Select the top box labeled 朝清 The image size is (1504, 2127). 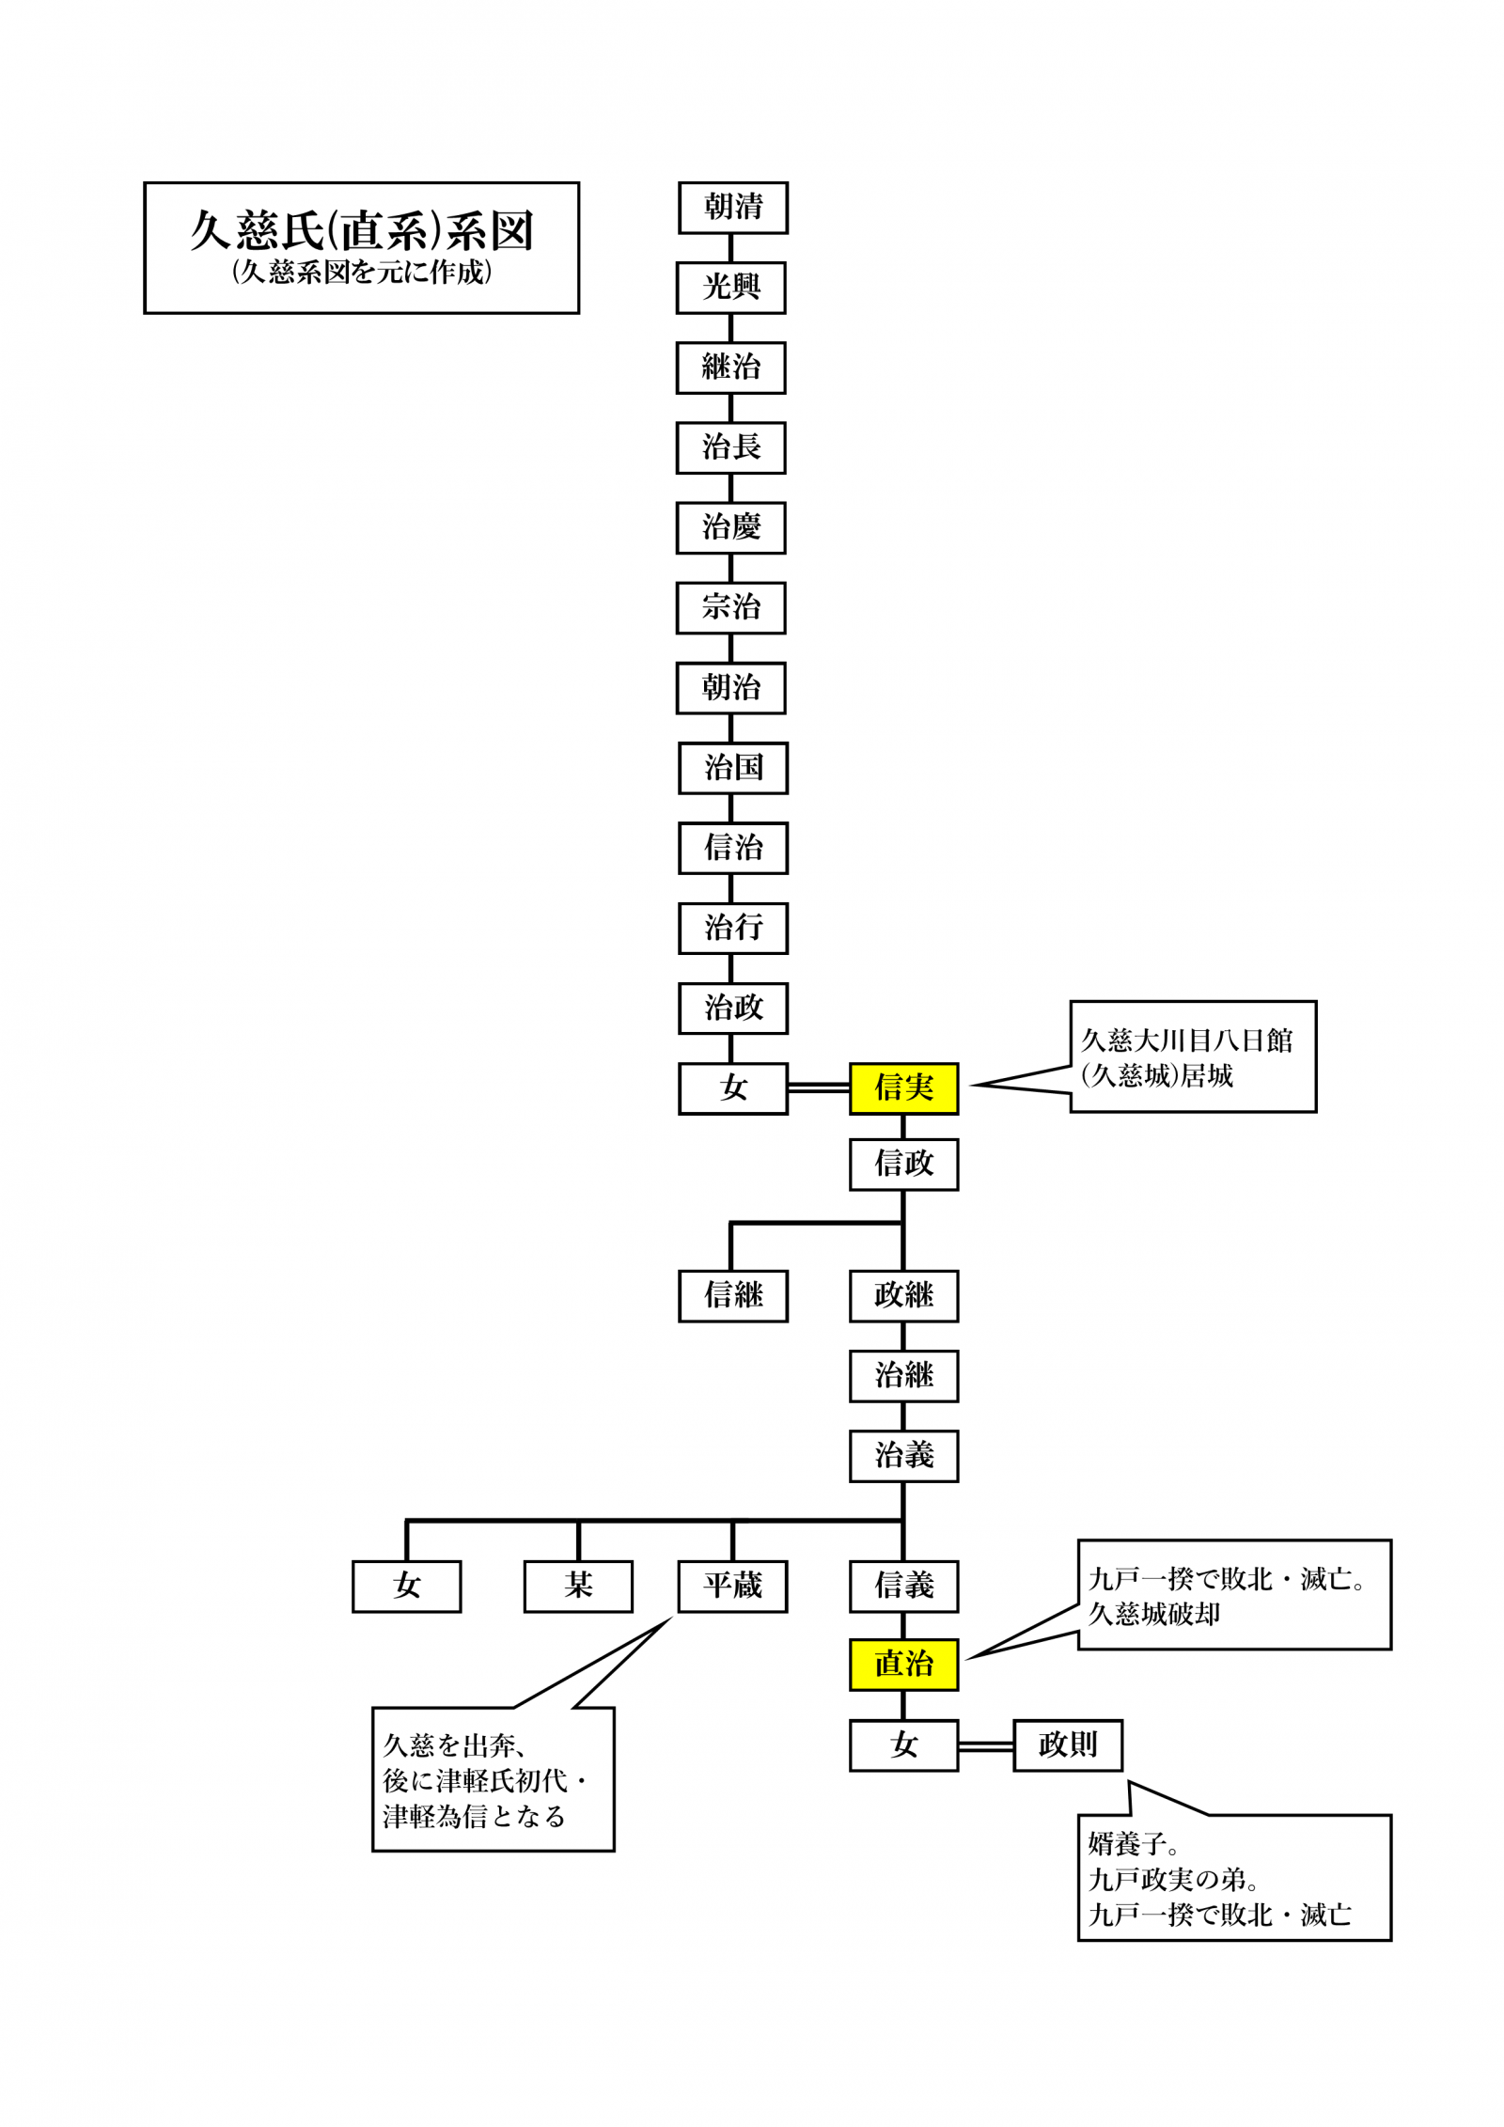coord(733,208)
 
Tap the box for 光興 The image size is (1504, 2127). coord(731,288)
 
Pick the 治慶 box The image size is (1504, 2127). coord(731,528)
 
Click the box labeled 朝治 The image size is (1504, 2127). coord(731,688)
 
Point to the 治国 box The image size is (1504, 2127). coord(733,768)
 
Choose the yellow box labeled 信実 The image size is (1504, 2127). coord(903,1088)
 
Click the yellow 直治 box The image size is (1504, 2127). coord(903,1665)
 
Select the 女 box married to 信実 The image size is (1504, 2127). coord(733,1088)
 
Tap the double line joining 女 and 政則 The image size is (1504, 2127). coord(985,1745)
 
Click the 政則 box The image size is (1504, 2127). coord(1068,1745)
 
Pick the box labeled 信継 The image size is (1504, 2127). coord(733,1296)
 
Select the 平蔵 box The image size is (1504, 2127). coord(732,1587)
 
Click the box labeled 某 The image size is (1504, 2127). coord(578,1587)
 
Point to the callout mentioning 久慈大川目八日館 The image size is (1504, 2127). coord(1192,1056)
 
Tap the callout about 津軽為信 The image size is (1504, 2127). coord(493,1780)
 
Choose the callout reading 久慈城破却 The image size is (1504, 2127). coord(1233,1595)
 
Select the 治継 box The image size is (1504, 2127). coord(903,1376)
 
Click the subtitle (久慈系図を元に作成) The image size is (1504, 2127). coord(361,273)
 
